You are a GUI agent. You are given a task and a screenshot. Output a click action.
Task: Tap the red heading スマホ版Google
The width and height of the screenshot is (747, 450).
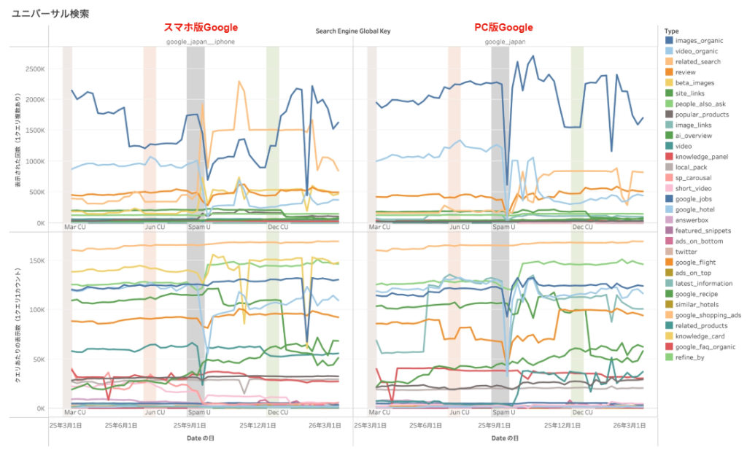(201, 28)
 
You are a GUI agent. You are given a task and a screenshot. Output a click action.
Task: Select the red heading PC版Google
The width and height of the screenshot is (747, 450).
(504, 28)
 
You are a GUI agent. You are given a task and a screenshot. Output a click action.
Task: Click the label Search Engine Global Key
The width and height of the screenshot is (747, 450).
(353, 31)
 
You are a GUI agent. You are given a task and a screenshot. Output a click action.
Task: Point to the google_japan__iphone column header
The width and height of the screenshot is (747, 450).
(198, 42)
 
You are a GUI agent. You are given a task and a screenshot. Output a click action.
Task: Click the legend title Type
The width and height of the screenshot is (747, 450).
(671, 31)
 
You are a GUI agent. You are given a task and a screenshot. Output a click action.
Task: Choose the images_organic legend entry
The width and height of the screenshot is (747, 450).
(699, 41)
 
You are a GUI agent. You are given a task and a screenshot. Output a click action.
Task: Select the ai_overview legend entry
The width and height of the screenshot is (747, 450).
(694, 136)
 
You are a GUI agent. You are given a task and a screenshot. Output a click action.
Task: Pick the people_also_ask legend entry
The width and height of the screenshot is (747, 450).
(700, 104)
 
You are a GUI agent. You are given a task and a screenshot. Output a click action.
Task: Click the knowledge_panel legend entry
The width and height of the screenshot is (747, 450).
(701, 157)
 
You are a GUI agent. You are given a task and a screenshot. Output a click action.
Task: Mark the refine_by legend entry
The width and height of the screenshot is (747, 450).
(691, 357)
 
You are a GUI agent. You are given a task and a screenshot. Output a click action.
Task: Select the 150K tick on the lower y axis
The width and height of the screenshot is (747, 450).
(38, 260)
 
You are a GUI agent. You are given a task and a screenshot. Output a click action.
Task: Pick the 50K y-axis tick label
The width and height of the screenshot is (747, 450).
(39, 359)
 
